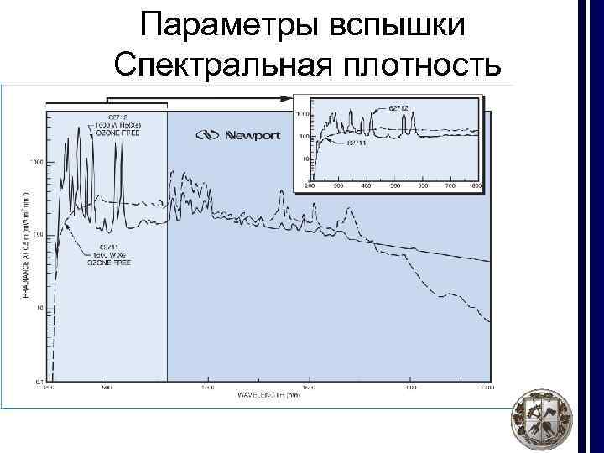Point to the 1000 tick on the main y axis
[36, 161]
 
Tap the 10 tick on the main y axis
[39, 309]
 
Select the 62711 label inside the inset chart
[357, 143]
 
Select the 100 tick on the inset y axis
[305, 135]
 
